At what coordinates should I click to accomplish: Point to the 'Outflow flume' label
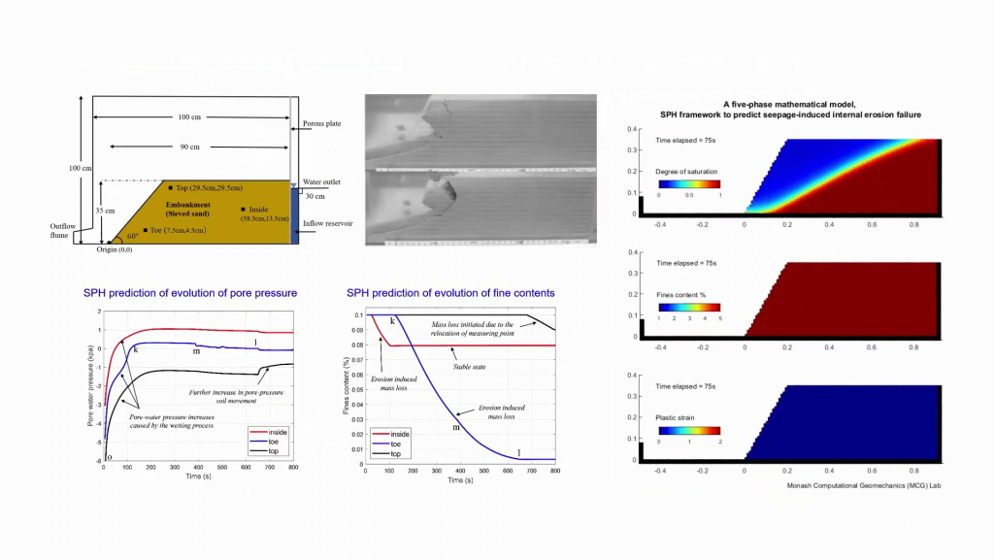(x=63, y=230)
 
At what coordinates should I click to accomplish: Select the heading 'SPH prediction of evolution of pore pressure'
(x=189, y=292)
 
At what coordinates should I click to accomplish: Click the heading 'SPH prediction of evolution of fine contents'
(x=450, y=292)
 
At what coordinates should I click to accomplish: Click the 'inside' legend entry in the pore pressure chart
(x=273, y=432)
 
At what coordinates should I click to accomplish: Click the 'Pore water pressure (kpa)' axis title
(x=89, y=388)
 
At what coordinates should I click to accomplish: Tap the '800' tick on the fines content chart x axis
(x=554, y=469)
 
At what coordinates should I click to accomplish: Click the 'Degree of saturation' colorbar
(x=688, y=183)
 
